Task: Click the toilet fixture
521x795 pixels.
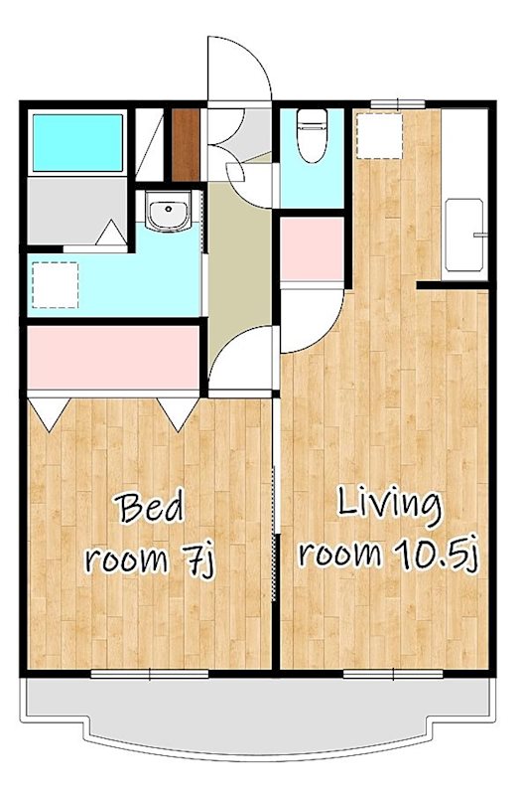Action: [x=313, y=135]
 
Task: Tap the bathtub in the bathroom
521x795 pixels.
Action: [x=77, y=143]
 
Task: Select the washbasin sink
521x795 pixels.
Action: [x=168, y=210]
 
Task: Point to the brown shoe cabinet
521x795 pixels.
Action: [x=186, y=145]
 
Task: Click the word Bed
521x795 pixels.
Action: [x=150, y=509]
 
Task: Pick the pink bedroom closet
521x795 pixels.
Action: [x=113, y=358]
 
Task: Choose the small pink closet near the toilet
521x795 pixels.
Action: [x=313, y=248]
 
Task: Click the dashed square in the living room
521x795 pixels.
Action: [x=380, y=136]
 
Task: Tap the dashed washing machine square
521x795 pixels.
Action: [x=56, y=285]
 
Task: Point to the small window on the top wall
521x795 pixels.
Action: [x=398, y=104]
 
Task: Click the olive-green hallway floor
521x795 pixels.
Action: [x=239, y=263]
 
